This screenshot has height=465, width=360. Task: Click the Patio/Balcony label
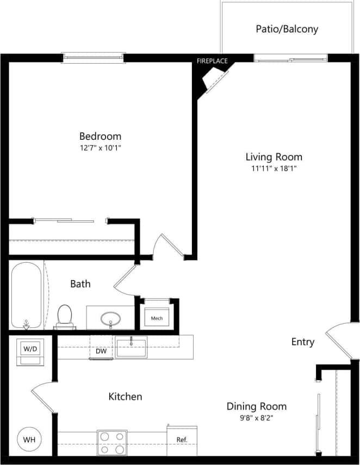pyautogui.click(x=287, y=29)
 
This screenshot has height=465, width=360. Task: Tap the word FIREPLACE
pyautogui.click(x=212, y=61)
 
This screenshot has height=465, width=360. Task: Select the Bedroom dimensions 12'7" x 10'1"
pyautogui.click(x=100, y=147)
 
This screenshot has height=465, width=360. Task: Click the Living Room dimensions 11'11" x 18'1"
pyautogui.click(x=274, y=169)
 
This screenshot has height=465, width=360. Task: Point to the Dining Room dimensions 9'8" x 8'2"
pyautogui.click(x=256, y=418)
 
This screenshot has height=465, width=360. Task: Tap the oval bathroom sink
pyautogui.click(x=111, y=318)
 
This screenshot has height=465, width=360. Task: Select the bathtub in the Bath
pyautogui.click(x=26, y=295)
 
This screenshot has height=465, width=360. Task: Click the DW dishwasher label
pyautogui.click(x=101, y=352)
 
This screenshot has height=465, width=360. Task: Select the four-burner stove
pyautogui.click(x=112, y=442)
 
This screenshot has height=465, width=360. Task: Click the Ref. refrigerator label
pyautogui.click(x=182, y=439)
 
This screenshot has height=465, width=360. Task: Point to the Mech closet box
pyautogui.click(x=157, y=318)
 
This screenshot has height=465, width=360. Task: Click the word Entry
pyautogui.click(x=302, y=342)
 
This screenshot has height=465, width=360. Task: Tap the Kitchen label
pyautogui.click(x=125, y=397)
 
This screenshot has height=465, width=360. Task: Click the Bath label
pyautogui.click(x=80, y=284)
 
